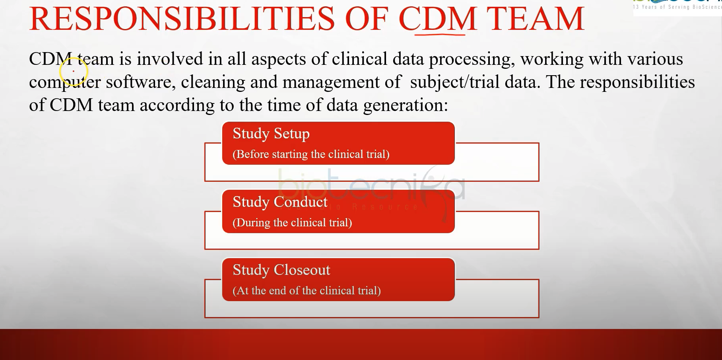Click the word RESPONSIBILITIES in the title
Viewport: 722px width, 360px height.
point(182,19)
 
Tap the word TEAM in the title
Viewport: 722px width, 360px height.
point(536,19)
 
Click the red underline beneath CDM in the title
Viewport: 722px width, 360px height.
point(440,35)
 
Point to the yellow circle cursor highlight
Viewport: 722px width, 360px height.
point(74,72)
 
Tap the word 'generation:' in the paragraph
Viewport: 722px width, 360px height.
point(405,105)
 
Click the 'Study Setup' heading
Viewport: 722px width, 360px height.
point(271,134)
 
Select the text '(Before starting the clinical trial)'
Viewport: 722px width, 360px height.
point(311,154)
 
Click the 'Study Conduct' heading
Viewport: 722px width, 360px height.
point(279,202)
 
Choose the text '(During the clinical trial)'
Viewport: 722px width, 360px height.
point(292,223)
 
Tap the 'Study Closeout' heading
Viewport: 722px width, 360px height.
point(281,270)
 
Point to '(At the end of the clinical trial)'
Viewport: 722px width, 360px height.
point(307,291)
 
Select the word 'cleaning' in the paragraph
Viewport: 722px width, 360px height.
point(213,82)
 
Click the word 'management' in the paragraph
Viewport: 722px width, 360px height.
point(331,82)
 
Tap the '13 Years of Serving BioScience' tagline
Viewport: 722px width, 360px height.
point(677,7)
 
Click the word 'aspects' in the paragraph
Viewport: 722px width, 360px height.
point(279,59)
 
